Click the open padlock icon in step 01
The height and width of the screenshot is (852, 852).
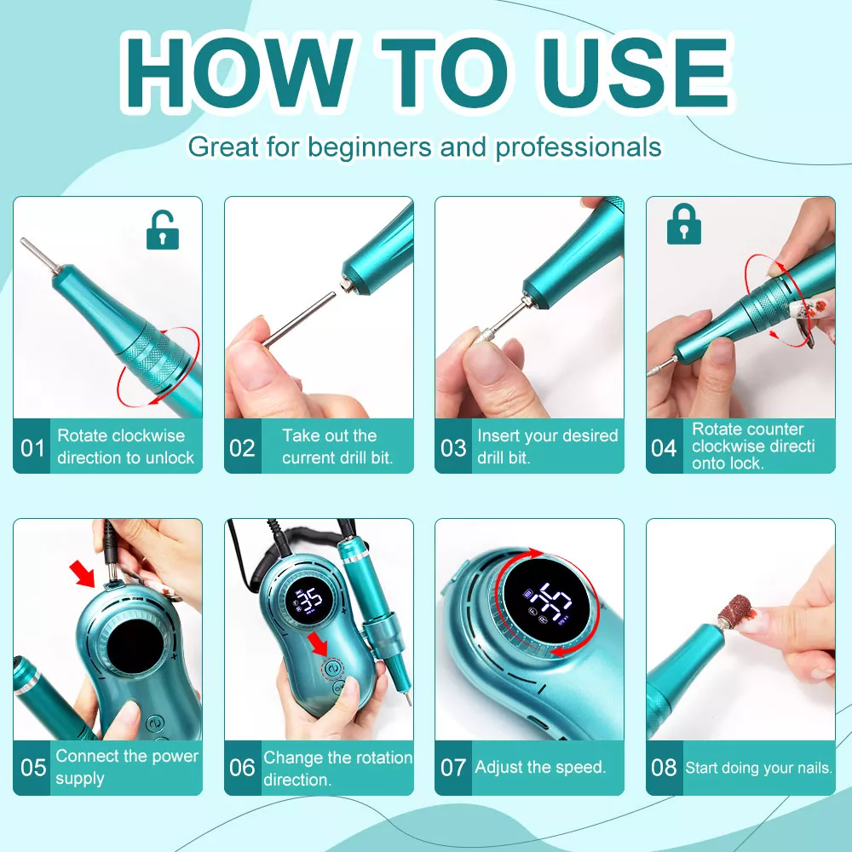point(163,230)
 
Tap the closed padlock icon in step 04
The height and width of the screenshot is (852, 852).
point(684,224)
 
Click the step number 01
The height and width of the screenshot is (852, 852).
point(32,448)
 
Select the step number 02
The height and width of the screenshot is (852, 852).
point(242,448)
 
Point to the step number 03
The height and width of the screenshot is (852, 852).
point(453,448)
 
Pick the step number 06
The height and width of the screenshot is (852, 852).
point(242,768)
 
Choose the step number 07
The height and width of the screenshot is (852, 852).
point(453,768)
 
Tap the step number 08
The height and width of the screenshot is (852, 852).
point(664,768)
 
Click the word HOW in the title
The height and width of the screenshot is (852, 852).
point(238,72)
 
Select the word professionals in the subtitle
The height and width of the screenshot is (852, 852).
point(579,147)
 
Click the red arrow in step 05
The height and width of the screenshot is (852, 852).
point(82,574)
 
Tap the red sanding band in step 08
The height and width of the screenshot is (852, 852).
point(734,612)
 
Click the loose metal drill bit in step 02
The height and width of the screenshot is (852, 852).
point(299,319)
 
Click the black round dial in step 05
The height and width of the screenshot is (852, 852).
point(135,648)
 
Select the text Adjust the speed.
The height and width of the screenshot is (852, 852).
point(540,768)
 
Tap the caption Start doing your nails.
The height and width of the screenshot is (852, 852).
point(758,768)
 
